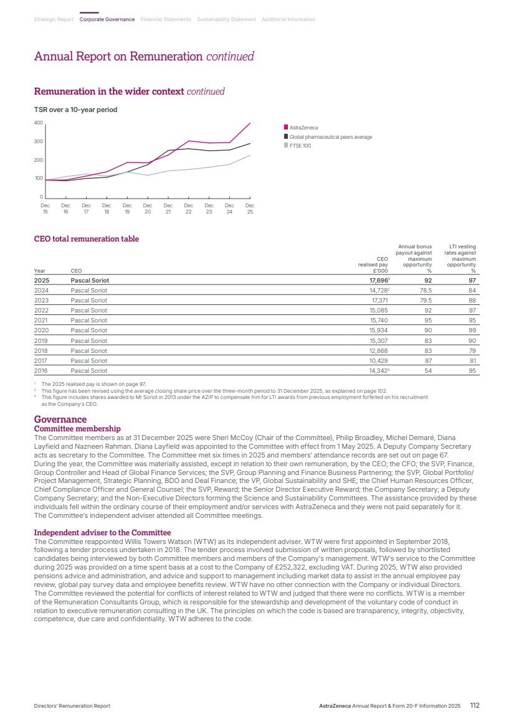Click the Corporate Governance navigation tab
click(x=107, y=20)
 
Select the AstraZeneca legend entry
click(x=303, y=128)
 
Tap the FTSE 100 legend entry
click(x=300, y=146)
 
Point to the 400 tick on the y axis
click(x=38, y=123)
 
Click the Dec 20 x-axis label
click(x=148, y=209)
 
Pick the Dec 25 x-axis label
click(x=250, y=209)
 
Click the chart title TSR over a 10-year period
click(x=75, y=110)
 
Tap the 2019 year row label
click(x=40, y=340)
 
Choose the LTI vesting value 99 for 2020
click(x=472, y=330)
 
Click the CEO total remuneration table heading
click(x=86, y=239)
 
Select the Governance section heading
click(x=60, y=420)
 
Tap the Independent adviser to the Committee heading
click(x=102, y=533)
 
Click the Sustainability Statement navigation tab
click(x=226, y=20)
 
